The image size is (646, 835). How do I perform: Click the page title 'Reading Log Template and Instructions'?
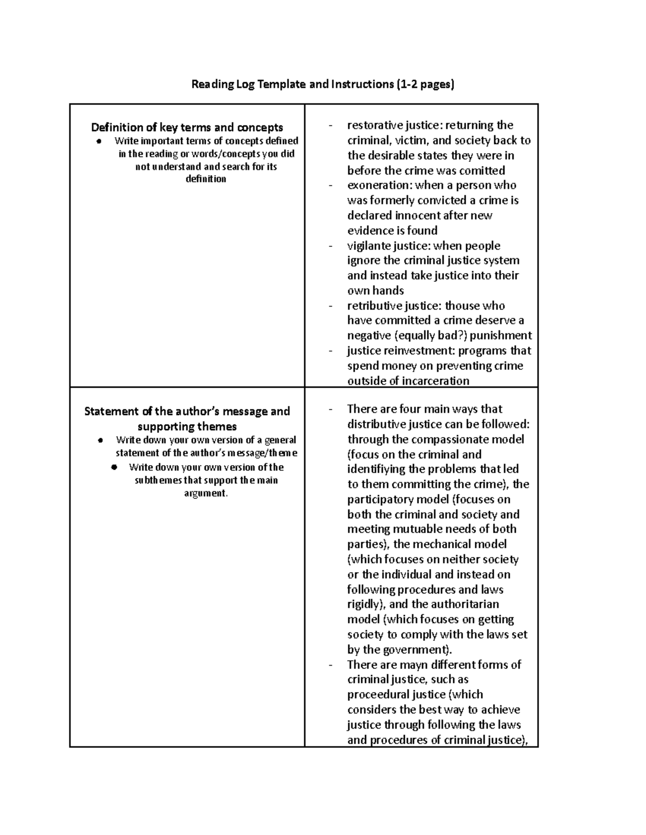pyautogui.click(x=323, y=84)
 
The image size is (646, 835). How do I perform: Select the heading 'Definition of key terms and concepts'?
pyautogui.click(x=187, y=127)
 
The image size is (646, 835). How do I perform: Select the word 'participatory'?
pyautogui.click(x=382, y=499)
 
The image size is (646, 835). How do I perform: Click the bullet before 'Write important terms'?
pyautogui.click(x=99, y=141)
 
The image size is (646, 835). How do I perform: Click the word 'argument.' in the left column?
pyautogui.click(x=206, y=493)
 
